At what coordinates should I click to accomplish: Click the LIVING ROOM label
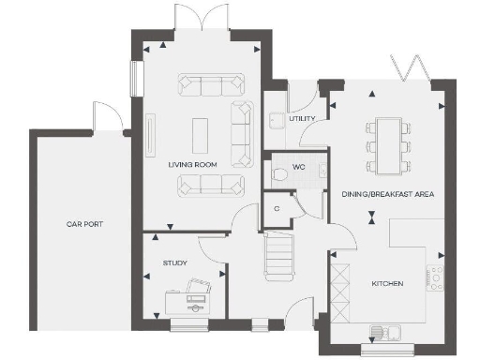tap(192, 164)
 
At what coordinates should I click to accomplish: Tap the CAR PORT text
tap(84, 224)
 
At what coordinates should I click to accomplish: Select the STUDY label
tap(175, 263)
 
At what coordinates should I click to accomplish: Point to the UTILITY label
tap(302, 119)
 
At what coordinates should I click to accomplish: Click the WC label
tap(299, 167)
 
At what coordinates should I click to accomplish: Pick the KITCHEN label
tap(387, 282)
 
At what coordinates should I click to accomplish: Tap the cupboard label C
tap(277, 208)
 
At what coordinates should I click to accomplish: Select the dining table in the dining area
tap(388, 144)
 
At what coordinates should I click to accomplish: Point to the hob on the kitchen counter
tap(436, 277)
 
